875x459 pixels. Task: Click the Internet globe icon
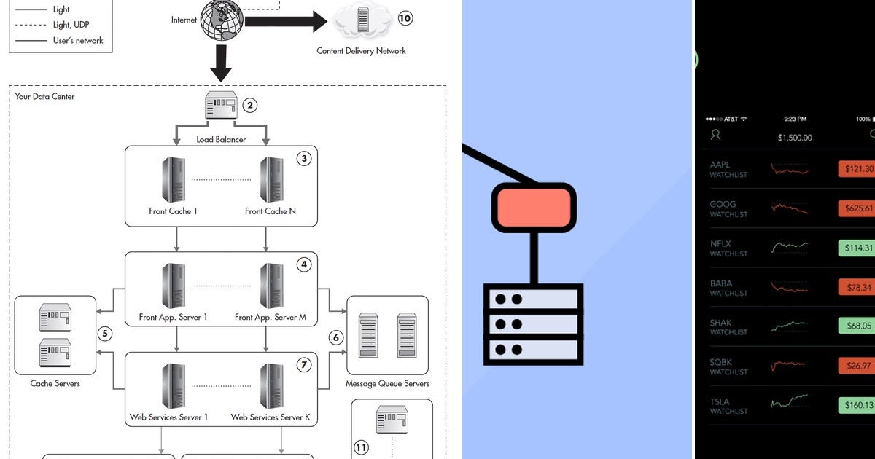click(222, 21)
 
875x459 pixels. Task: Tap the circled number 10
click(405, 18)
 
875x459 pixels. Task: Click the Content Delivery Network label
click(361, 51)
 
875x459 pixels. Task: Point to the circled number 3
click(304, 158)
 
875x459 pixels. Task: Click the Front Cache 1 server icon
click(174, 179)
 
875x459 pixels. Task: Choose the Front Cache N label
click(271, 211)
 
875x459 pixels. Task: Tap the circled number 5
click(105, 334)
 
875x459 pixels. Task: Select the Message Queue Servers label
click(387, 383)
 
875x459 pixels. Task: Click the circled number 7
click(304, 364)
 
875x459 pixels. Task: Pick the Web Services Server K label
click(271, 417)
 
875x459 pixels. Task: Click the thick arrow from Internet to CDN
click(284, 21)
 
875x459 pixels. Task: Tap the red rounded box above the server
click(534, 207)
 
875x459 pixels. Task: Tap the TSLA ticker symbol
click(720, 401)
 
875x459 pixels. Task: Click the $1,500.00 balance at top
click(795, 137)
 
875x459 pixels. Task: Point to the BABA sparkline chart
click(790, 287)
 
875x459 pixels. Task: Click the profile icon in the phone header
click(716, 135)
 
